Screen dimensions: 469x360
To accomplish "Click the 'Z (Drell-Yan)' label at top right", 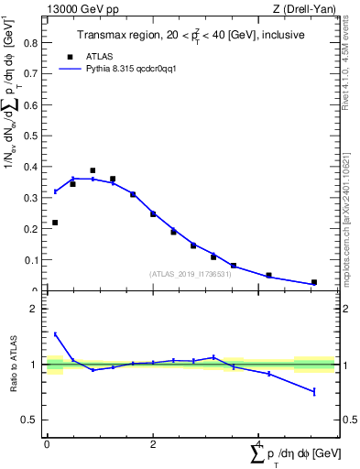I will tap(306, 9).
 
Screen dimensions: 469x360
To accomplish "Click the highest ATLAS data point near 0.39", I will tap(93, 170).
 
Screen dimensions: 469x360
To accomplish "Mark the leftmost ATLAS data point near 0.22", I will tap(55, 223).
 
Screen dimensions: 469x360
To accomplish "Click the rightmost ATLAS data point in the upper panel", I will tap(314, 282).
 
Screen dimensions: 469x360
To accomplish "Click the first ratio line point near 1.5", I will tap(55, 334).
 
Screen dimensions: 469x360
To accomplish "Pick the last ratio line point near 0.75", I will tap(314, 391).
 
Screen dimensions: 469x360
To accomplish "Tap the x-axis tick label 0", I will tap(47, 443).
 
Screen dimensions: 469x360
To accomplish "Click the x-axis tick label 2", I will tap(153, 443).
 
